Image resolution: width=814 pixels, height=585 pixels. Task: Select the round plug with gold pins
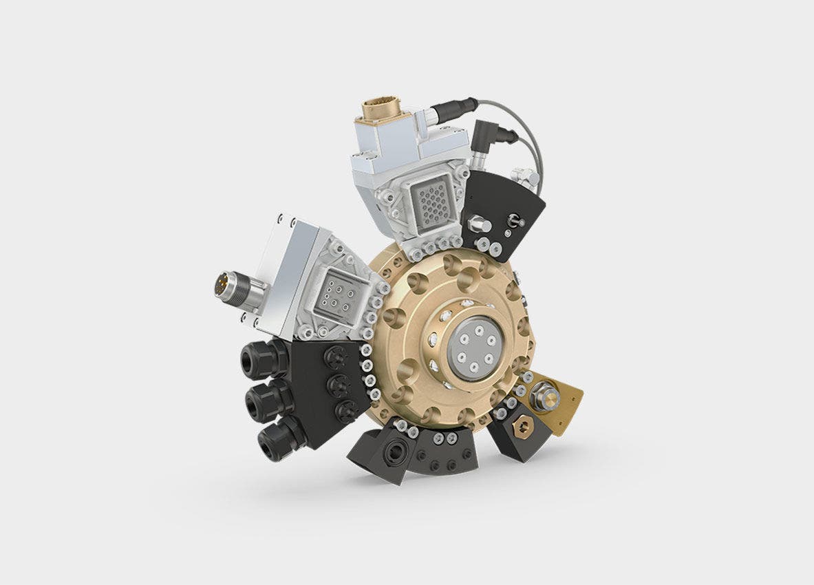pos(224,284)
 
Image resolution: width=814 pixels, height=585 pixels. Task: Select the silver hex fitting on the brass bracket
pos(543,397)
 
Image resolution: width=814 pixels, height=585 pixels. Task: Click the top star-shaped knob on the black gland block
pos(336,357)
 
